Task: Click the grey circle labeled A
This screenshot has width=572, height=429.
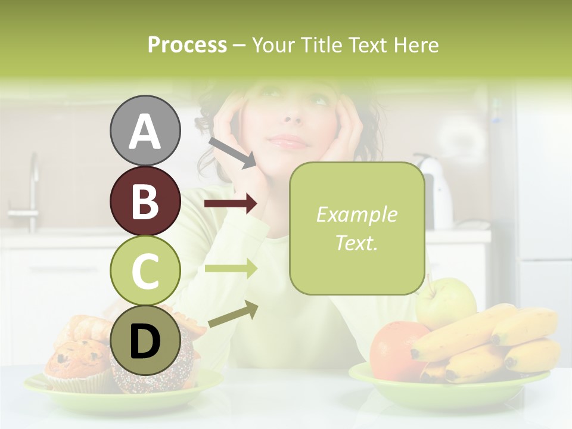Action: click(x=145, y=130)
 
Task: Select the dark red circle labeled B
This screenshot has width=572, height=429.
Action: click(x=145, y=201)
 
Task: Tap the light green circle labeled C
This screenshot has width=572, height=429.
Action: click(x=145, y=271)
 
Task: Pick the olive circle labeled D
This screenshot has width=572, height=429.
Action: click(x=145, y=341)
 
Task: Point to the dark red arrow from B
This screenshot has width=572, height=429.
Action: click(x=231, y=204)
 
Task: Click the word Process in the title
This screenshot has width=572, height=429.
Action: click(x=187, y=45)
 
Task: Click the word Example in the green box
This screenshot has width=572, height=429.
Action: click(x=356, y=214)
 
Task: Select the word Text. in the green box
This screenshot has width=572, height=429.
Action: click(x=356, y=243)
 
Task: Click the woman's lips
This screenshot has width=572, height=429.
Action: click(x=289, y=142)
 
